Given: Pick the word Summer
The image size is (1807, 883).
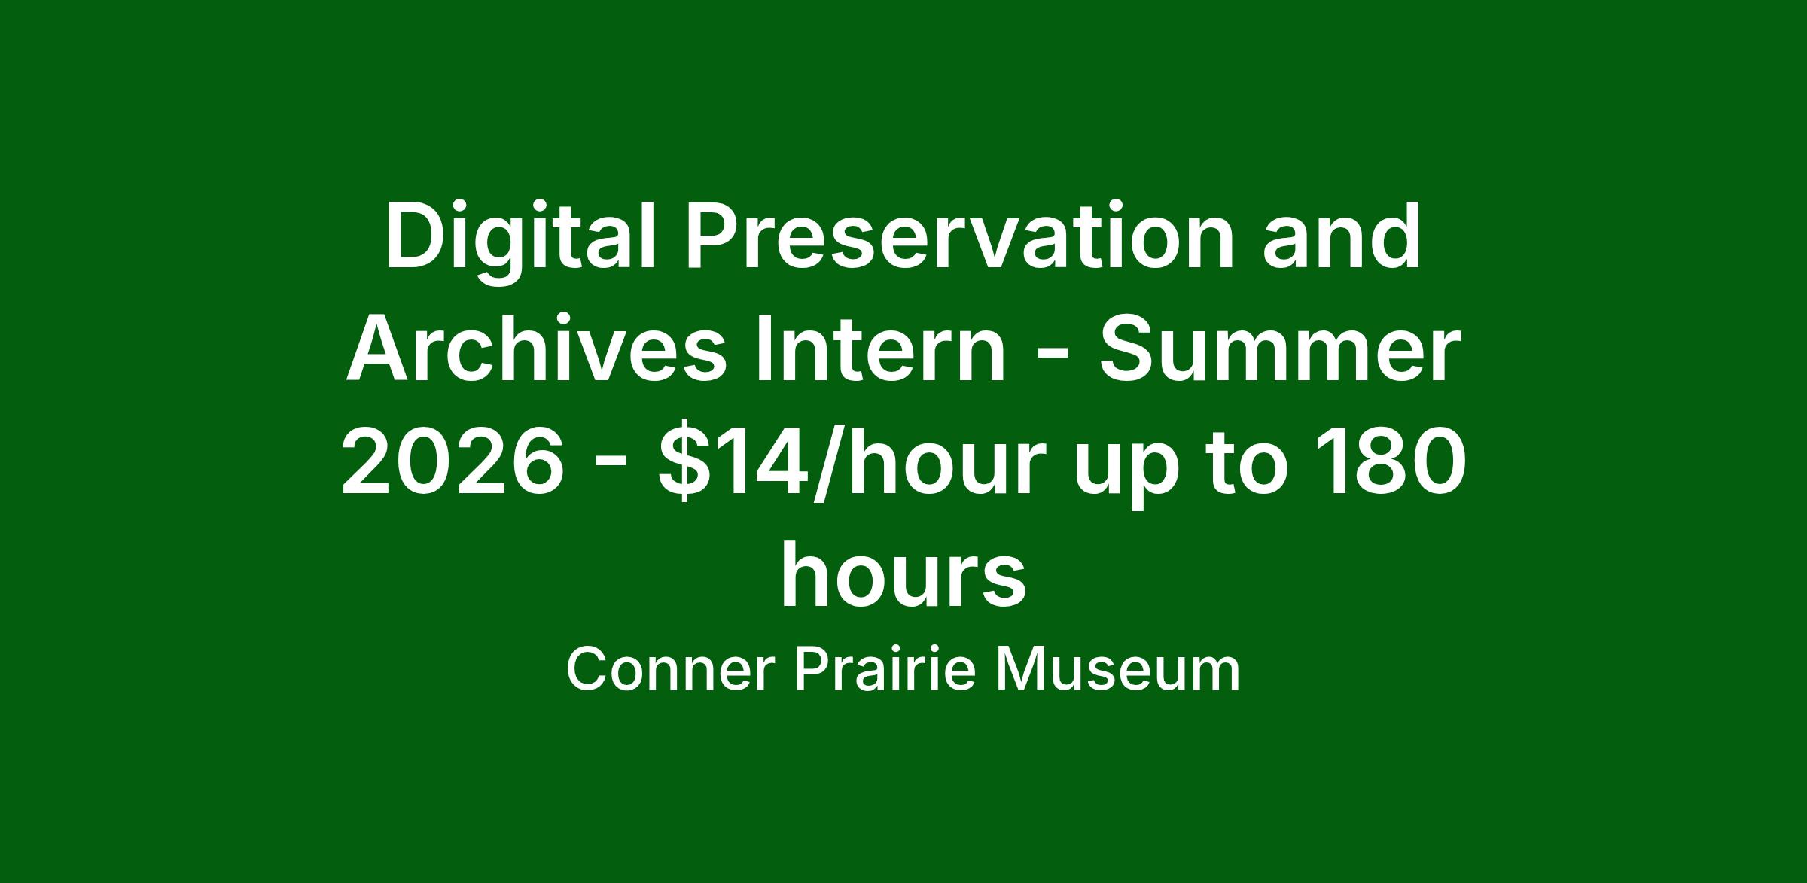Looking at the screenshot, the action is pos(1280,351).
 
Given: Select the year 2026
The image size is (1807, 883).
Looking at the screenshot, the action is pos(453,462).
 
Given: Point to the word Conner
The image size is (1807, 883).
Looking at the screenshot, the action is pos(671,670).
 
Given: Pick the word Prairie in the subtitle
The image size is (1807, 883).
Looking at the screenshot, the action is pos(885,670).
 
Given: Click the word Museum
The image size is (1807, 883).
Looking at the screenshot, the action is pos(1117,670).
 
